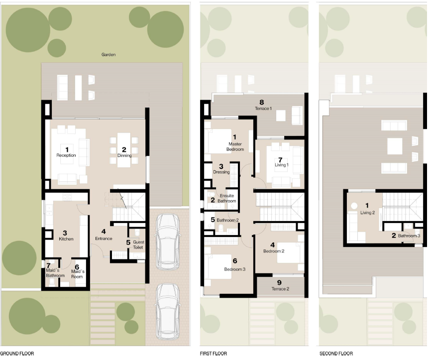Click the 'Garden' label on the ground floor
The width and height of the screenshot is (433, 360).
[108, 55]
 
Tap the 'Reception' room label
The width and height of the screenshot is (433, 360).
[66, 155]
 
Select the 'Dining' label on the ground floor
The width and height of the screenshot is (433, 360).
[124, 155]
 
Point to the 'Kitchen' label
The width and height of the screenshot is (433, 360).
[66, 239]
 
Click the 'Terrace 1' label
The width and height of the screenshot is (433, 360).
[263, 109]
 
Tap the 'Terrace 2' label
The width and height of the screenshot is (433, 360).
[279, 289]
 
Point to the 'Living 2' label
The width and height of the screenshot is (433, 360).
[369, 212]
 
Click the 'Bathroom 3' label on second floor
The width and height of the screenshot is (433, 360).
[409, 236]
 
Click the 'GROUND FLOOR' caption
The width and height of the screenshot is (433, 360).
[17, 354]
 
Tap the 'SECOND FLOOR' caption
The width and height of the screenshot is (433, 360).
[336, 354]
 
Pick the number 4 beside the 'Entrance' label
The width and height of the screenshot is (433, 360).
[104, 232]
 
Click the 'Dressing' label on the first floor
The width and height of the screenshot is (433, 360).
[221, 172]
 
